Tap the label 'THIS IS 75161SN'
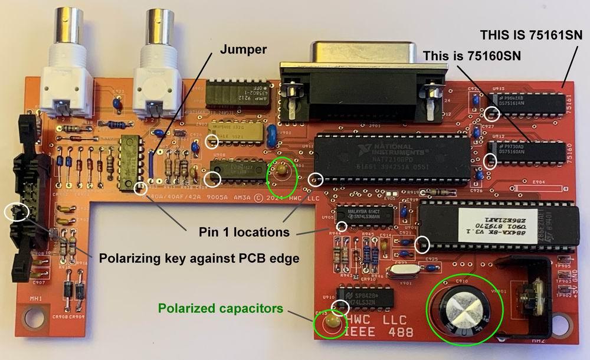click(x=530, y=34)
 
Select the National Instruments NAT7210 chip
click(x=392, y=158)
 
